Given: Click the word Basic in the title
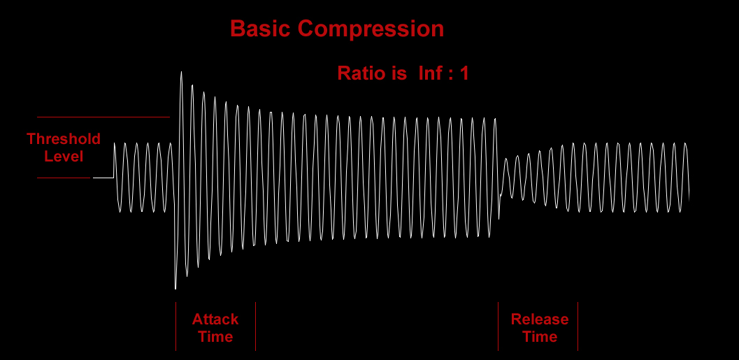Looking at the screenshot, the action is [261, 29].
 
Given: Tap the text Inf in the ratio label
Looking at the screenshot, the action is [429, 73].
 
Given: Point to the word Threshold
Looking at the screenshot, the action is [64, 138].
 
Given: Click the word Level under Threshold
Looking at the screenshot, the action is [64, 156].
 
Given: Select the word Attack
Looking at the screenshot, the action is [215, 319].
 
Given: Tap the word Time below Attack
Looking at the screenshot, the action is [215, 336].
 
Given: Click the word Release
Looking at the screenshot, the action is [540, 319].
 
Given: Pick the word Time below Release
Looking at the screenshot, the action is [540, 336].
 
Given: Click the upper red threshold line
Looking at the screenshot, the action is [103, 117].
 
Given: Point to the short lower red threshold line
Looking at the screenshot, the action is [64, 178].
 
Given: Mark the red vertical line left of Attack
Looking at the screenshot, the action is [175, 326].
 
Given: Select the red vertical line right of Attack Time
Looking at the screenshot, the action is [255, 326].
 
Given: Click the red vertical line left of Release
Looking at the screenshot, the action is [498, 326].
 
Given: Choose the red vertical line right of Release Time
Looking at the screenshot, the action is [577, 326].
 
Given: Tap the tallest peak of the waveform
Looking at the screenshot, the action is [182, 72].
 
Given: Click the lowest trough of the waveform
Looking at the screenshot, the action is [175, 289].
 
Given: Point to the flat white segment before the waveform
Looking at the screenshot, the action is [103, 178].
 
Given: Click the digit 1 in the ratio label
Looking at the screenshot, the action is [464, 73].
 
